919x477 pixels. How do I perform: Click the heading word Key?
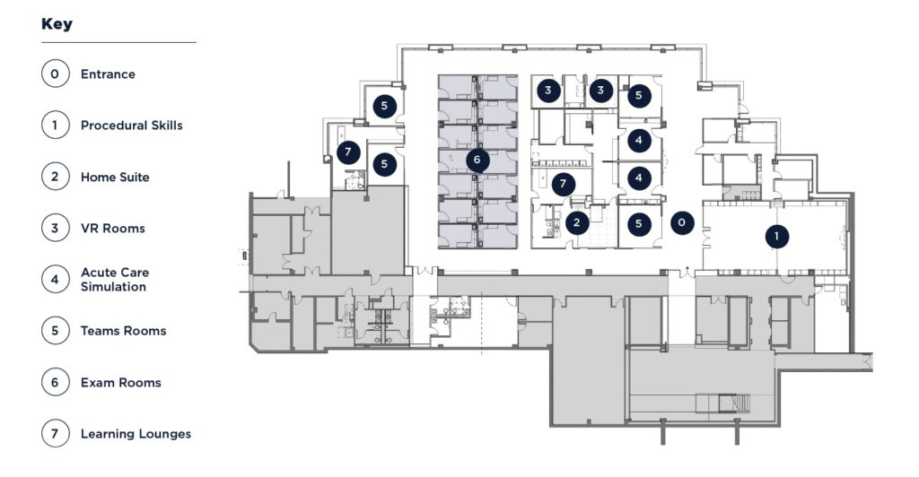tap(57, 24)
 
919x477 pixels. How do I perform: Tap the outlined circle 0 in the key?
tap(55, 74)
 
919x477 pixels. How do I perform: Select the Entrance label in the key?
tap(108, 74)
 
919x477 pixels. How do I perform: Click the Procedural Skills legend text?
tap(132, 126)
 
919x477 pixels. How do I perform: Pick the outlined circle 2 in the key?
tap(55, 176)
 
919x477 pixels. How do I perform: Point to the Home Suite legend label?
tap(115, 177)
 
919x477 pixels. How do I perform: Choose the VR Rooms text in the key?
tap(112, 229)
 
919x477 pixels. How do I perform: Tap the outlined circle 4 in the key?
tap(55, 279)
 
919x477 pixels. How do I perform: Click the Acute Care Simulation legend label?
tap(115, 279)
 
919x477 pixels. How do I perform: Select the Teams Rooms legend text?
tap(124, 331)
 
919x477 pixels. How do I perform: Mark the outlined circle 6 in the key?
tap(55, 382)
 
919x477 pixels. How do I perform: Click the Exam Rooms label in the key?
tap(121, 382)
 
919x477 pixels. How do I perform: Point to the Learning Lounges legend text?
tap(136, 434)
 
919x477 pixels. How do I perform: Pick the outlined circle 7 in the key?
tap(55, 434)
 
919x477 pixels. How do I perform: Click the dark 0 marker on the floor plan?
tap(682, 222)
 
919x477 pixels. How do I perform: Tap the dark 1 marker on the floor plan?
tap(776, 237)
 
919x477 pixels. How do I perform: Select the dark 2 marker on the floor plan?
tap(577, 222)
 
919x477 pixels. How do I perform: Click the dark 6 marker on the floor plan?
tap(477, 160)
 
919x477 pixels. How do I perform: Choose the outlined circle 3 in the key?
tap(55, 228)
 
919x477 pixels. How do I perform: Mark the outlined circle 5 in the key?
tap(55, 331)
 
